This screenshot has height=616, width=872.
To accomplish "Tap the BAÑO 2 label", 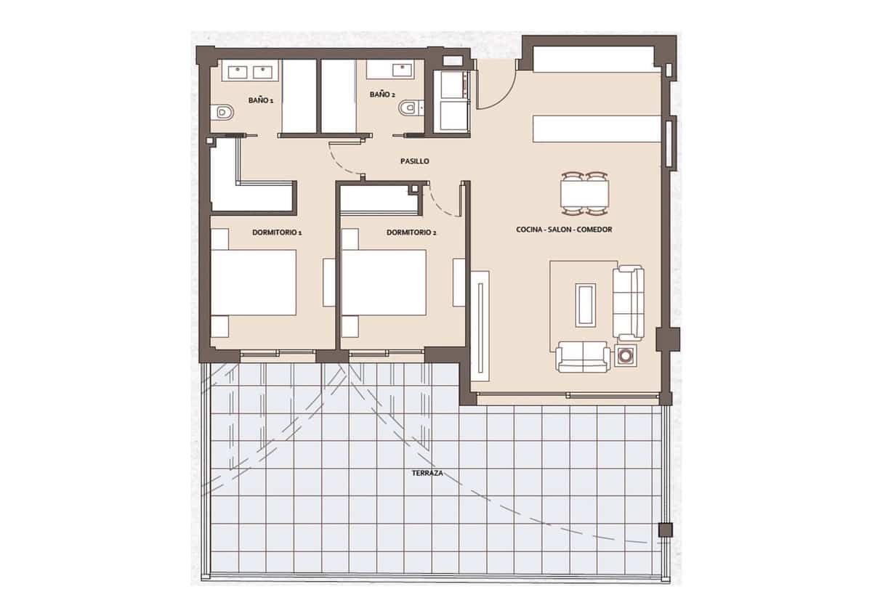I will (382, 94).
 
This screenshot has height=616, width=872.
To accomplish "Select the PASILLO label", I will (414, 161).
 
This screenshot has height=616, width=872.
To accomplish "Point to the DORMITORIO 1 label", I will (277, 232).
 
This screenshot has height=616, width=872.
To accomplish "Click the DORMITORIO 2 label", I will (411, 232).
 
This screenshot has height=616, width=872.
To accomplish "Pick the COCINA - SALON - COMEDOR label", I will (564, 230).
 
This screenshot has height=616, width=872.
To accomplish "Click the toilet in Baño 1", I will (223, 113).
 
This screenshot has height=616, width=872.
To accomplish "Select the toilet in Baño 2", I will (410, 108).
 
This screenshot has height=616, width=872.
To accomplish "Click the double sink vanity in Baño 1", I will (249, 71).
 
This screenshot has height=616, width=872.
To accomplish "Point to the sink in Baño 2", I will (400, 70).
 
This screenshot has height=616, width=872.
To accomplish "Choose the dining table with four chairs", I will (584, 194).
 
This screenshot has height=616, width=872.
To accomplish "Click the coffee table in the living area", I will (586, 304).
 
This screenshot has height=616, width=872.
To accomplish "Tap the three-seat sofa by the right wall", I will (629, 303).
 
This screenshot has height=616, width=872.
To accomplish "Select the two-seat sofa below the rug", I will (583, 357).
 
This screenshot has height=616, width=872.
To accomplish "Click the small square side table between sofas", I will (625, 356).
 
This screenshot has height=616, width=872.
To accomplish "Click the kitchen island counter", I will (597, 129).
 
